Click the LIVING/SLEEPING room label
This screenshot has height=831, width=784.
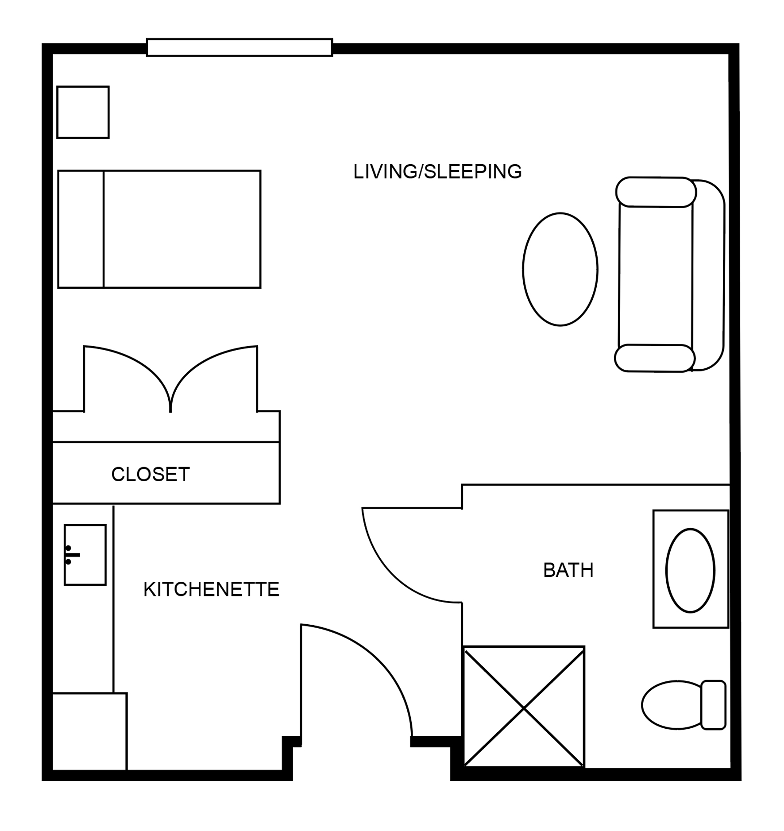click(x=437, y=172)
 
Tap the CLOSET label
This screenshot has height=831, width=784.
click(x=151, y=474)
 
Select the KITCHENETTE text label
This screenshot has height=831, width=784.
click(x=211, y=589)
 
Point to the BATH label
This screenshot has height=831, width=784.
click(x=568, y=570)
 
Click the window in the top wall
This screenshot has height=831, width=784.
click(x=239, y=47)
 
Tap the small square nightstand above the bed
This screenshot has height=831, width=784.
click(x=83, y=112)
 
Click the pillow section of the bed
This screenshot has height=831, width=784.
click(x=81, y=229)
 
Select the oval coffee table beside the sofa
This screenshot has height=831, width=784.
click(x=560, y=269)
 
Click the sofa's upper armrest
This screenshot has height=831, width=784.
click(x=656, y=192)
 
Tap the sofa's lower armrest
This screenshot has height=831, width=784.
click(x=655, y=358)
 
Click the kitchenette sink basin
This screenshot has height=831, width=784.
click(x=85, y=555)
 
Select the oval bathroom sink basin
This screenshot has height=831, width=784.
click(x=690, y=570)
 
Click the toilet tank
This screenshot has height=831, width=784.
click(x=714, y=705)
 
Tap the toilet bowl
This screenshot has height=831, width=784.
click(x=672, y=705)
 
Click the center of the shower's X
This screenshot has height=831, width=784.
click(x=524, y=708)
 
